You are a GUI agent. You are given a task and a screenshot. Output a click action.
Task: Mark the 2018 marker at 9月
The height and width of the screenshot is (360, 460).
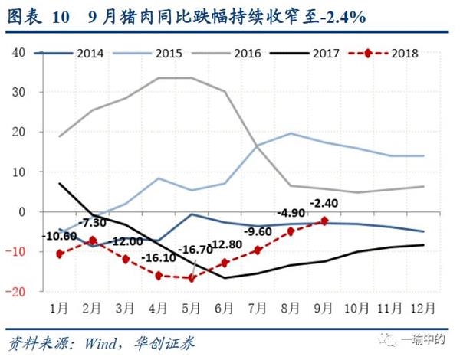[x=324, y=221]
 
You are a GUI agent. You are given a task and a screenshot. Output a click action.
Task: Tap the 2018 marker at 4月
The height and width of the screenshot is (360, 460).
[x=159, y=275]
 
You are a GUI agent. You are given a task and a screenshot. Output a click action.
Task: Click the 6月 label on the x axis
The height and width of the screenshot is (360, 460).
[x=225, y=308]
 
